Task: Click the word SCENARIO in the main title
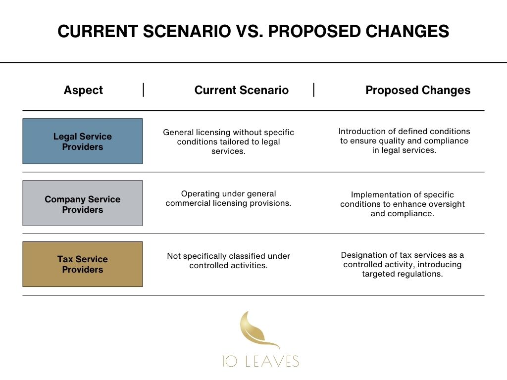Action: [189, 32]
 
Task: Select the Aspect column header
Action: [83, 90]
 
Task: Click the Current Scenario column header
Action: [241, 90]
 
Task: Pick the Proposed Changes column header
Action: [418, 90]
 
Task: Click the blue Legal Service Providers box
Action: [83, 142]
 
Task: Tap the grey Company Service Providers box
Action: [83, 203]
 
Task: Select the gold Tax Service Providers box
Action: [83, 264]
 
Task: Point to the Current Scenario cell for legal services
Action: [228, 142]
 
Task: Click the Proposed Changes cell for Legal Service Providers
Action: [404, 141]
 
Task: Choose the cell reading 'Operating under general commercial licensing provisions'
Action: [228, 198]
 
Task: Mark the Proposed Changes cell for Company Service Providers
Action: [402, 204]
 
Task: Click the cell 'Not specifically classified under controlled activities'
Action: [228, 261]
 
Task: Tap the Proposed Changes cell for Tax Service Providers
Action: [402, 264]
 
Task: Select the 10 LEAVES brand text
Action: [260, 362]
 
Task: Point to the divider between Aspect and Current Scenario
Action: [144, 90]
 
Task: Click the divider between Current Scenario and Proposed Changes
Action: [314, 90]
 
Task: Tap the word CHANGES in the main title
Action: [402, 32]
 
